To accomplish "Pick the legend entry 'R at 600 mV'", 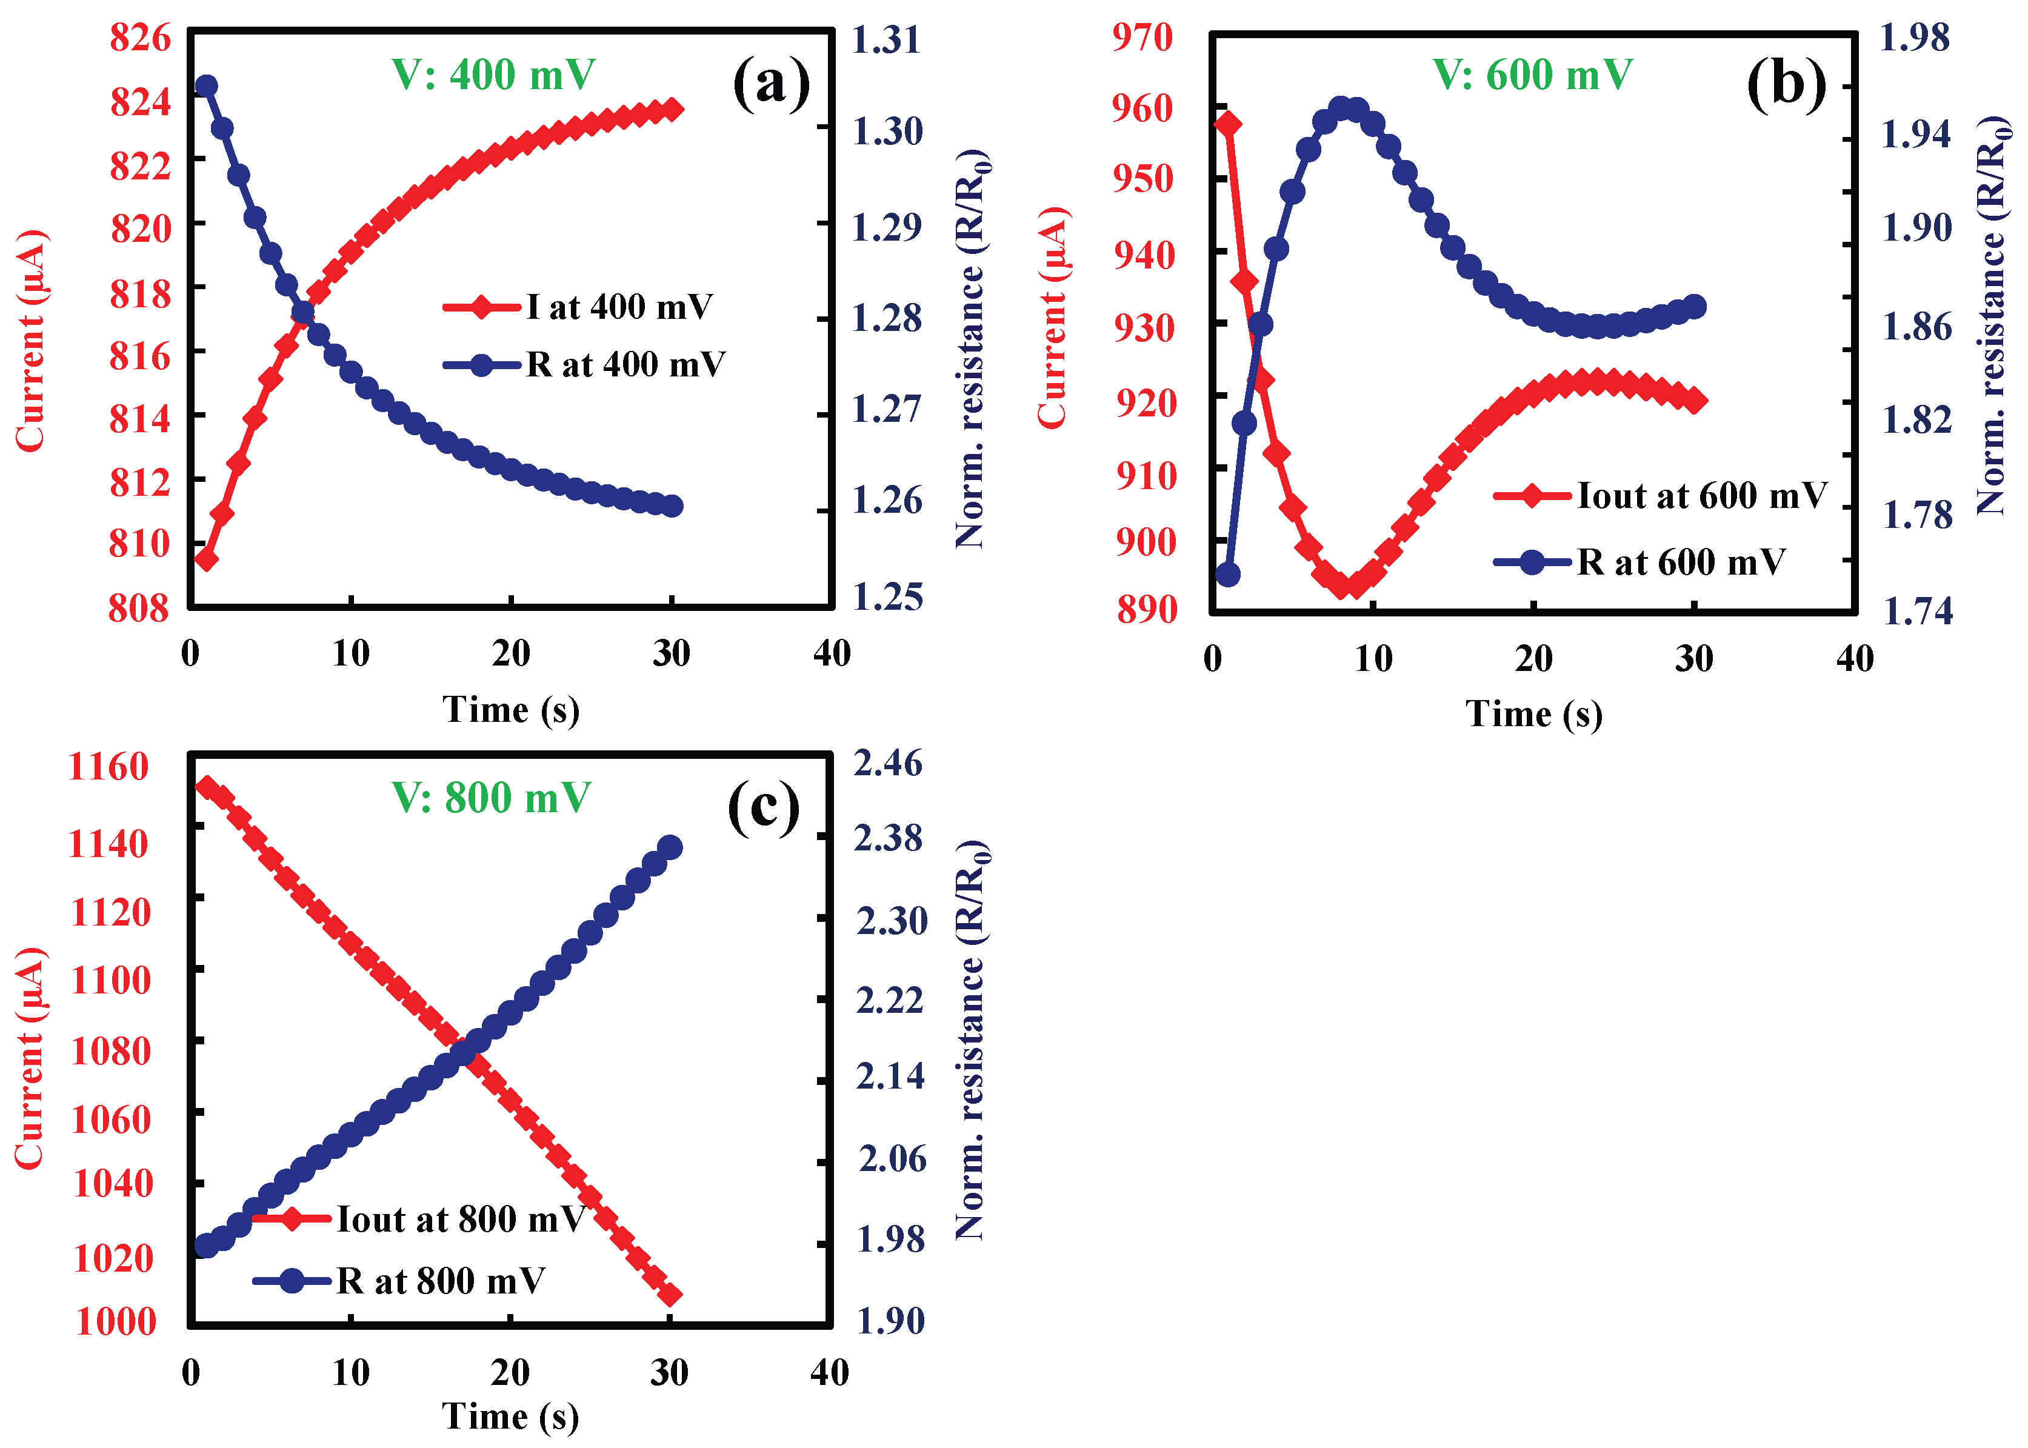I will (1680, 562).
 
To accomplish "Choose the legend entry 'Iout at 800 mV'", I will (460, 1219).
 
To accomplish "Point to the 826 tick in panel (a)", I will (140, 38).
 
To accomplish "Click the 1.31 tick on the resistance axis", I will (886, 40).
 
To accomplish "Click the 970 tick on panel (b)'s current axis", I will (1142, 38).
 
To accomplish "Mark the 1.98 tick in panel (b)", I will (1914, 38).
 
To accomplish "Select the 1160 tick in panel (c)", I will (108, 767).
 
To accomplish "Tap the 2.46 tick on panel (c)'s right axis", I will (888, 763).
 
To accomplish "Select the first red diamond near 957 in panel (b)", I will (1229, 123).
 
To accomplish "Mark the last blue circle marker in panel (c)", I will (670, 847).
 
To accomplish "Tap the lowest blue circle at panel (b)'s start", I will (1229, 574).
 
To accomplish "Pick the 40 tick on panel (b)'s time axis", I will (1854, 660).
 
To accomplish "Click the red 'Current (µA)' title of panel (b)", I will (1052, 318).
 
